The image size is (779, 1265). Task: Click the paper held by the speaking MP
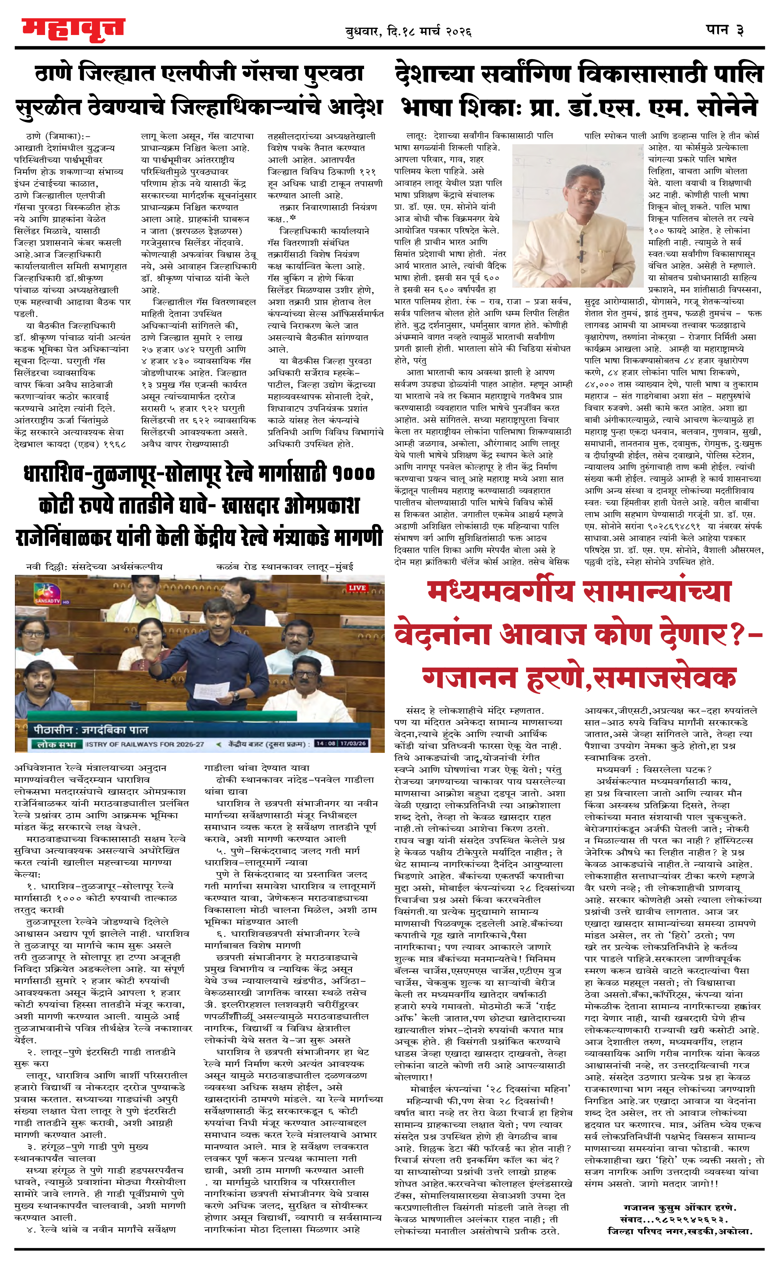[211, 690]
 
